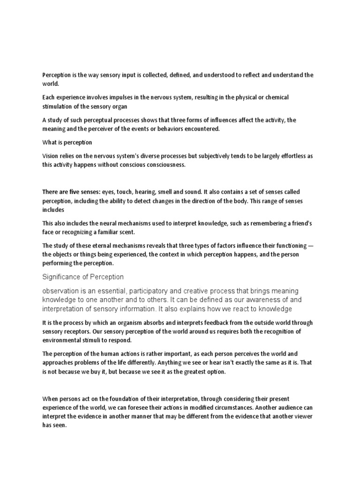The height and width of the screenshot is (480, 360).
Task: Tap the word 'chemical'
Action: tap(276, 97)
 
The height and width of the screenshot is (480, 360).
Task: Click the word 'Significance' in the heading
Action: tap(60, 277)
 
